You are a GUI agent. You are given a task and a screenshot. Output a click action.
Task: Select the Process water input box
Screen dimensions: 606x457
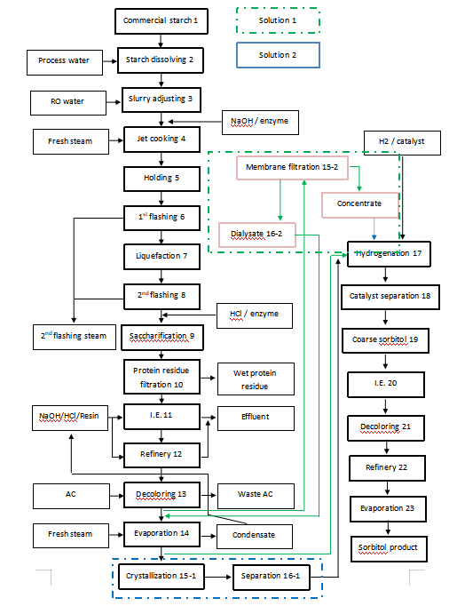click(x=65, y=61)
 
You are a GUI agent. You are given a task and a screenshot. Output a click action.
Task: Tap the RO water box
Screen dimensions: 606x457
click(x=67, y=101)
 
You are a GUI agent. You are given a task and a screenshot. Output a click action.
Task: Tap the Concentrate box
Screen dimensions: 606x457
click(x=359, y=204)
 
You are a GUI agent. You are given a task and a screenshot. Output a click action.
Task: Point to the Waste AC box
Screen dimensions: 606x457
click(x=255, y=494)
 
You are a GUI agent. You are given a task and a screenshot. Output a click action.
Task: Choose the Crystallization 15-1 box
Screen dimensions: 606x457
click(x=160, y=577)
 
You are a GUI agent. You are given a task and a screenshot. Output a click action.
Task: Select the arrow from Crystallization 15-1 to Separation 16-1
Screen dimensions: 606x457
click(x=216, y=577)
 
